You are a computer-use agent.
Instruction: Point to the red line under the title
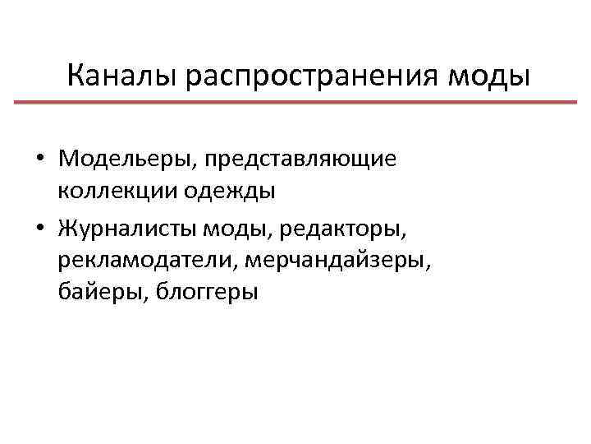coord(295,102)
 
